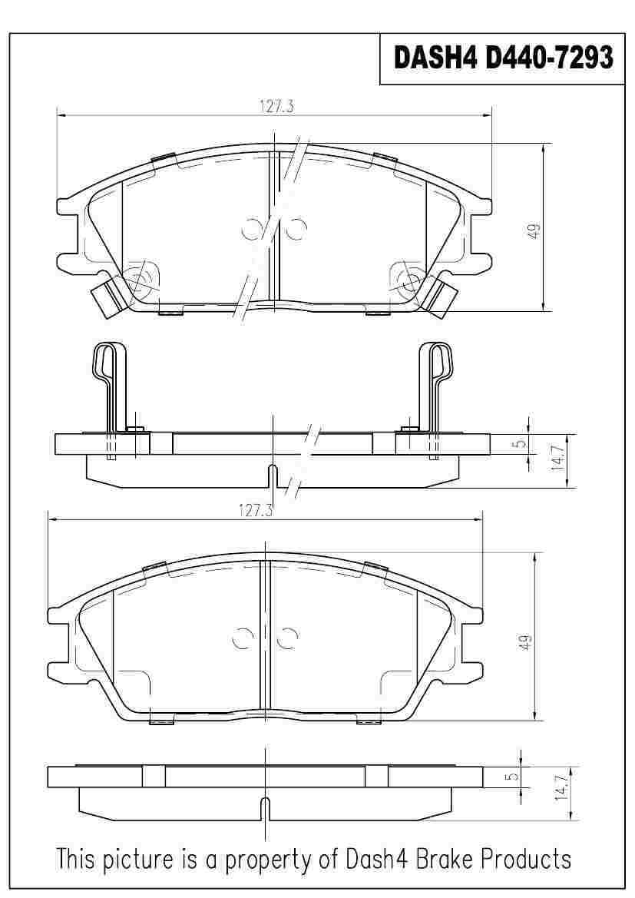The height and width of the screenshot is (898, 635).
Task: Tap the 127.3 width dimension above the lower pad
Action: click(x=256, y=509)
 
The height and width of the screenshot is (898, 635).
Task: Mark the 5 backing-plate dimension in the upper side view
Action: click(x=520, y=443)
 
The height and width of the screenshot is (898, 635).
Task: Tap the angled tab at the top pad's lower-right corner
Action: click(x=443, y=298)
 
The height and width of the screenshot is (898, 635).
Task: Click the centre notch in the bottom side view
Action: click(x=265, y=809)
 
